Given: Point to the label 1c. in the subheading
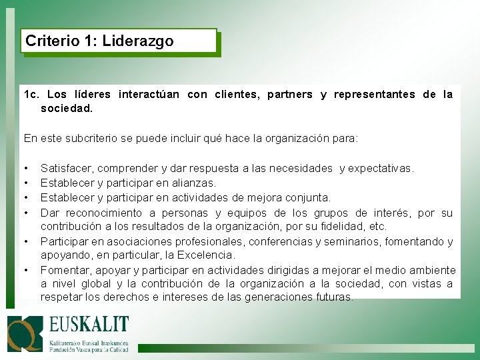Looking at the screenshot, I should click(x=32, y=95).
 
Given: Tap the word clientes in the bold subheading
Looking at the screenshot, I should click(x=237, y=95).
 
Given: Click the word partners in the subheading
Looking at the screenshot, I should click(x=289, y=95).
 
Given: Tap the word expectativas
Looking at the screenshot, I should click(x=386, y=169).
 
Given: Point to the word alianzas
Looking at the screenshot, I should click(x=194, y=183).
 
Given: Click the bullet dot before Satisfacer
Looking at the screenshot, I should click(x=25, y=169).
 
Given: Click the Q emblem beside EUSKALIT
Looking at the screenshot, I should click(x=25, y=333).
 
